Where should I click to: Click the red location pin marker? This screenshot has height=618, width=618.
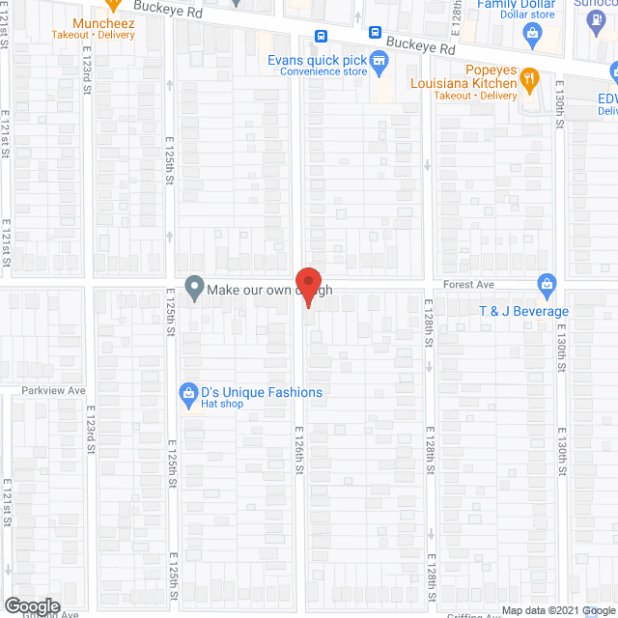308,287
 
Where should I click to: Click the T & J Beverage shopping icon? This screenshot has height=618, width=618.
547,284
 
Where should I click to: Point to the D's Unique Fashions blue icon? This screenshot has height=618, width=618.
188,393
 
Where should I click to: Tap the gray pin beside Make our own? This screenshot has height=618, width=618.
194,289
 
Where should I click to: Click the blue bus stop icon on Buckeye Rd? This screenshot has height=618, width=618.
322,37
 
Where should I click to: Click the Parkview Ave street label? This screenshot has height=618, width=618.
55,391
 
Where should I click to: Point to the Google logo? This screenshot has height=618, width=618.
32,605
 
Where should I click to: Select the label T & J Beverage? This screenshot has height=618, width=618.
524,311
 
